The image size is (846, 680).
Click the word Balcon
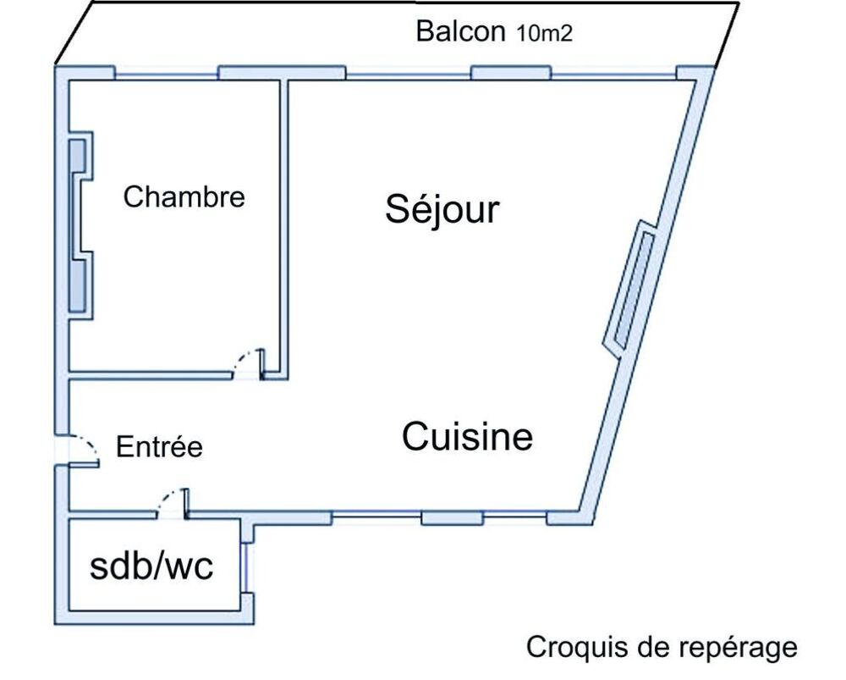click(x=460, y=31)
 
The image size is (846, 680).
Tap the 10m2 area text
click(x=544, y=34)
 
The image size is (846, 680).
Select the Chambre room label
click(x=184, y=196)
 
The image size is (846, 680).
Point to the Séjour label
click(x=442, y=209)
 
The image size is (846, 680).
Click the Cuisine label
click(x=467, y=436)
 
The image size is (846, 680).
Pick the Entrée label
click(x=159, y=446)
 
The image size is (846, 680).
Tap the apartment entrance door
click(x=84, y=450)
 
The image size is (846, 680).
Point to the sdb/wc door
click(x=173, y=502)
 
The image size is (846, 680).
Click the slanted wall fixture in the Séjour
click(x=629, y=290)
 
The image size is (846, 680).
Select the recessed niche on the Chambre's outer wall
click(x=80, y=224)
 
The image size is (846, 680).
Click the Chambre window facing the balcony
click(x=167, y=74)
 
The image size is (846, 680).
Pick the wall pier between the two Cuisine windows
click(x=452, y=518)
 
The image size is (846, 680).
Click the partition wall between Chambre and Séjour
click(x=284, y=229)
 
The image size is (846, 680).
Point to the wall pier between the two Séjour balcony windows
click(x=511, y=72)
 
